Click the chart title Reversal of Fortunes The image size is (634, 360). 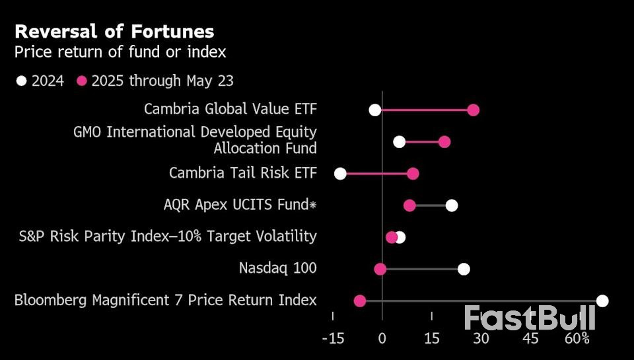pyautogui.click(x=114, y=32)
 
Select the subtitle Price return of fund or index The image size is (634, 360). pyautogui.click(x=120, y=52)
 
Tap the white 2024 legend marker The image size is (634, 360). pyautogui.click(x=22, y=81)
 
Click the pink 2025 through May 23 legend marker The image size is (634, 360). pyautogui.click(x=83, y=81)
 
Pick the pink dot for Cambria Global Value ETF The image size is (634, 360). pyautogui.click(x=473, y=110)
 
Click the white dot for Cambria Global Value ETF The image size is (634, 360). pyautogui.click(x=375, y=110)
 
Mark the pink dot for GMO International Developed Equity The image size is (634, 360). pyautogui.click(x=444, y=141)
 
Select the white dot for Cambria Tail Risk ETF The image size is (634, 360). pyautogui.click(x=340, y=174)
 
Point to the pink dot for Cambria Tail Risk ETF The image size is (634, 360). pyautogui.click(x=413, y=174)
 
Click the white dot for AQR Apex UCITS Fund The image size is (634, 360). pyautogui.click(x=451, y=205)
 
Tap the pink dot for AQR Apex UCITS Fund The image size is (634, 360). pyautogui.click(x=409, y=205)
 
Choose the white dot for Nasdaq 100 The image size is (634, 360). pyautogui.click(x=464, y=269)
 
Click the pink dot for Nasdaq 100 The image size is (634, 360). pyautogui.click(x=380, y=269)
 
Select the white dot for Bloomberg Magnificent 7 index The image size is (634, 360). pyautogui.click(x=602, y=301)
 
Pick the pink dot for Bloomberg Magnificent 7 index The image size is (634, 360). pyautogui.click(x=359, y=301)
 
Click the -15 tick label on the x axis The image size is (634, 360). pyautogui.click(x=333, y=339)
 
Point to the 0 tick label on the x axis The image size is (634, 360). pyautogui.click(x=382, y=339)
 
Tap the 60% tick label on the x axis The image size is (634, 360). pyautogui.click(x=577, y=339)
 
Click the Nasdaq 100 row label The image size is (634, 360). pyautogui.click(x=277, y=268)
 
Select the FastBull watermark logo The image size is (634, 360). pyautogui.click(x=530, y=318)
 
